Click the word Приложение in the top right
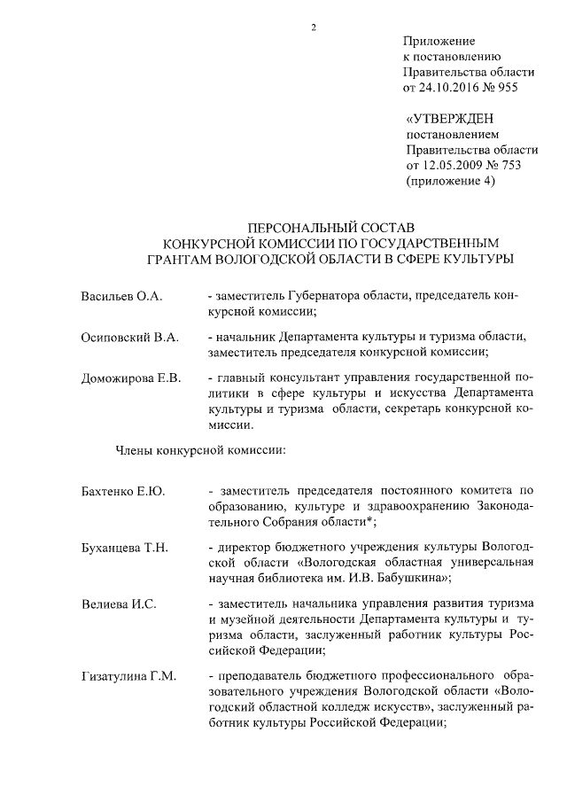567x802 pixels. (x=439, y=41)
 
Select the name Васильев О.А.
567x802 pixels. (x=121, y=296)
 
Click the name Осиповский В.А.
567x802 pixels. (x=129, y=338)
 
